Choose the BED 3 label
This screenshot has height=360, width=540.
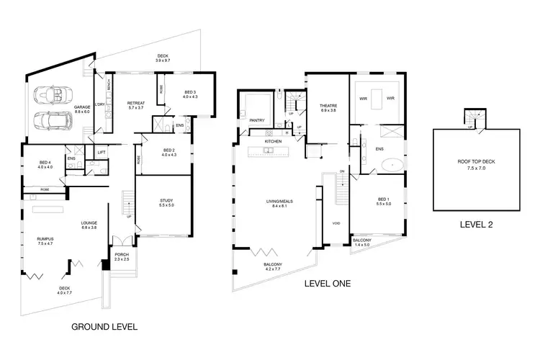[189, 94]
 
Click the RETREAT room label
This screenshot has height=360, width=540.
[137, 104]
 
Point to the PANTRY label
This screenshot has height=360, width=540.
[257, 120]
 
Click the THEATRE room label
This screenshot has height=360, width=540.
[328, 108]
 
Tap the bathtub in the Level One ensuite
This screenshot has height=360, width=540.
[394, 164]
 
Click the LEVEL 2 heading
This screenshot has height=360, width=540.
[477, 223]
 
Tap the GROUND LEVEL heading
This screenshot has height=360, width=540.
[104, 326]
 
